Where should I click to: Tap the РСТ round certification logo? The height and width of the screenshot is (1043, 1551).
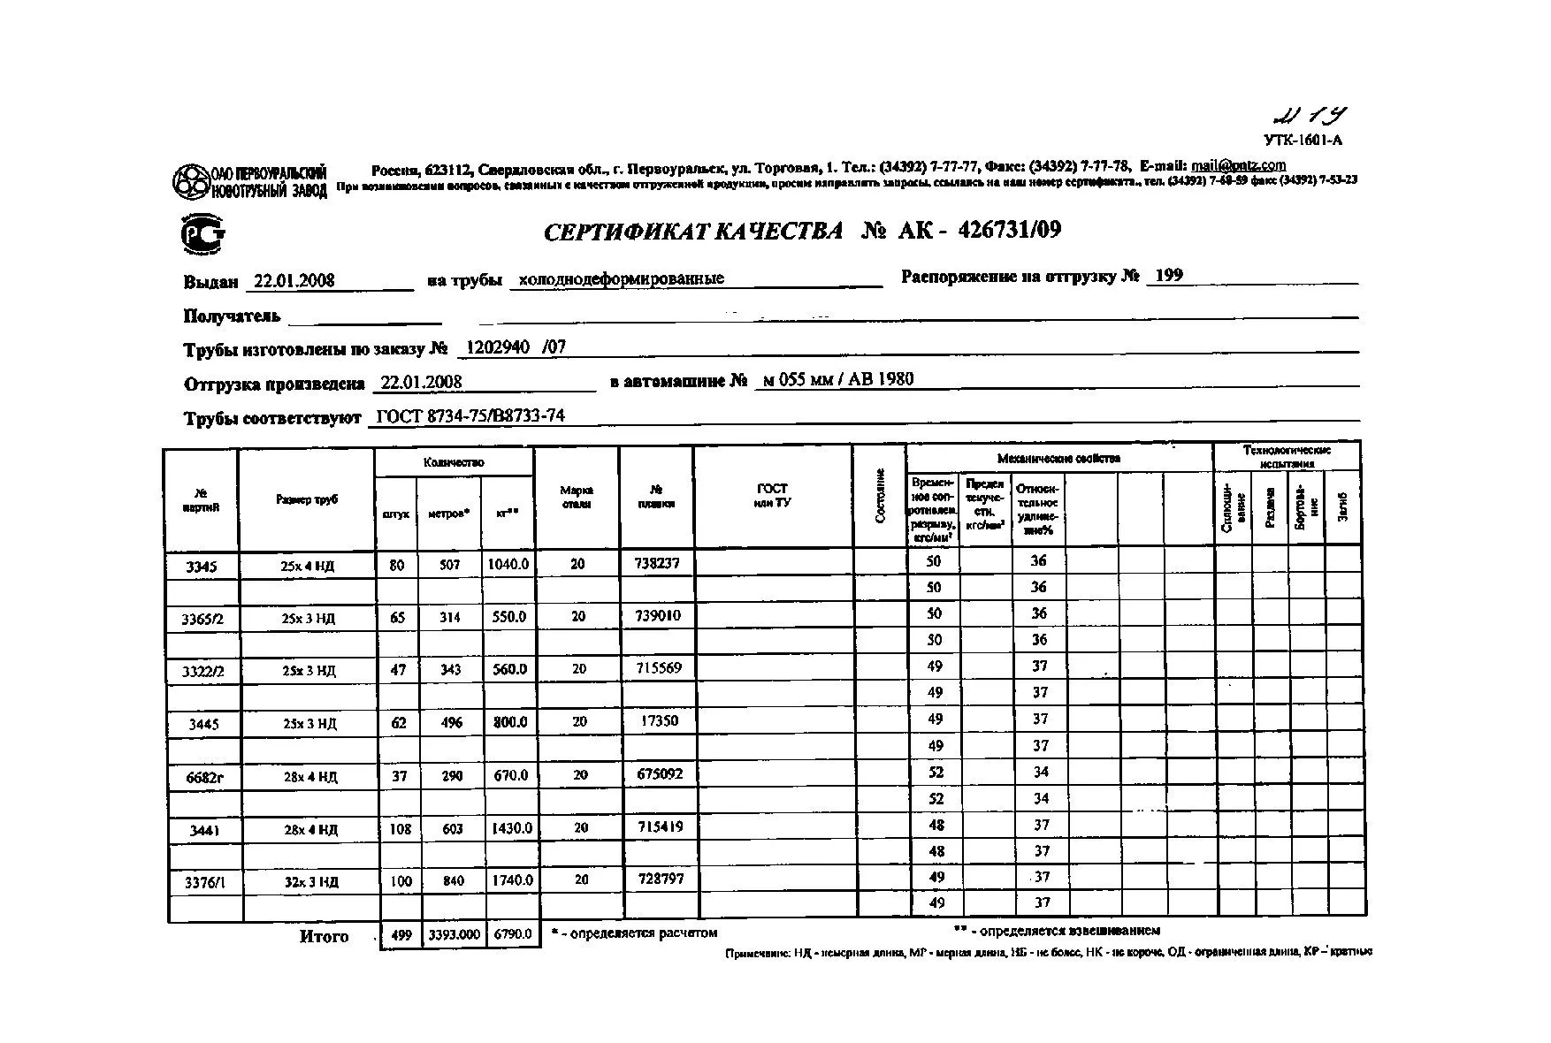click(202, 235)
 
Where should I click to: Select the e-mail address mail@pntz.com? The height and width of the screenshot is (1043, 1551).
click(1238, 165)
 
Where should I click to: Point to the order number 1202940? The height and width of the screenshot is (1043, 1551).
click(493, 347)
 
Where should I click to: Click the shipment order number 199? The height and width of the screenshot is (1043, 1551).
click(1168, 276)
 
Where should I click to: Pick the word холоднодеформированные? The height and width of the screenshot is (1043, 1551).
click(621, 278)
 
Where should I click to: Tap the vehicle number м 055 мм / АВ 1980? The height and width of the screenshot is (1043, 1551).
click(837, 380)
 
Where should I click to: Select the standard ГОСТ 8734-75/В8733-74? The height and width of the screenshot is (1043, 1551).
click(470, 416)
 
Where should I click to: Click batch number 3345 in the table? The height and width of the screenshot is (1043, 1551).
click(202, 567)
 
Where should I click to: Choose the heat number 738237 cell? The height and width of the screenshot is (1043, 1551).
click(657, 563)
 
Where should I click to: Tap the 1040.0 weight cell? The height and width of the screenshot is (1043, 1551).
click(509, 564)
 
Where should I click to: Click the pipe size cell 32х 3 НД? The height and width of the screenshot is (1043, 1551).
click(309, 882)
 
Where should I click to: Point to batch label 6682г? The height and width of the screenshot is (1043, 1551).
click(204, 777)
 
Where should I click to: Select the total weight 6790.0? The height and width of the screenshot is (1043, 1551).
click(513, 933)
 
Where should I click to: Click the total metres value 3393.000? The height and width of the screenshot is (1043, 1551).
click(455, 934)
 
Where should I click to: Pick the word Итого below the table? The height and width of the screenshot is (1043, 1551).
click(325, 937)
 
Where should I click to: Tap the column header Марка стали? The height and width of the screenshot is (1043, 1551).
click(577, 497)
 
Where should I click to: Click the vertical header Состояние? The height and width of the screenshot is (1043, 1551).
click(880, 496)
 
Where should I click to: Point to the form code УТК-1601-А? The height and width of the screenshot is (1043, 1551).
click(1303, 140)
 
